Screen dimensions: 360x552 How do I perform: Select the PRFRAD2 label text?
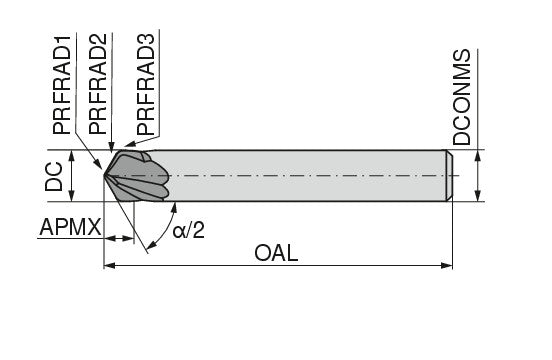(x=97, y=84)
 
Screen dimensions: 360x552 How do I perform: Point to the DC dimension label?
(x=56, y=175)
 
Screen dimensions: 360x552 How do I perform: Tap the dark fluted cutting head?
(x=140, y=176)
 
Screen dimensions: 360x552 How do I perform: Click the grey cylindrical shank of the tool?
(x=300, y=175)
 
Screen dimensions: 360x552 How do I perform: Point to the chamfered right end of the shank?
(x=449, y=175)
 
